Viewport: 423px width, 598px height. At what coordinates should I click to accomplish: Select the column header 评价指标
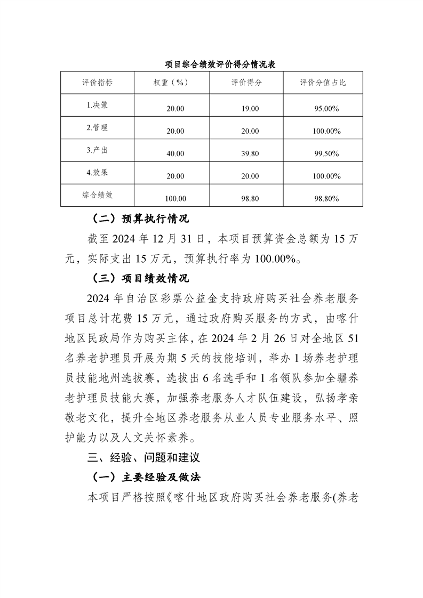98,83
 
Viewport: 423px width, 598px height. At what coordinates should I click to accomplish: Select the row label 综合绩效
98,195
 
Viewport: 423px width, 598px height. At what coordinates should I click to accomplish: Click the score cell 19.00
250,109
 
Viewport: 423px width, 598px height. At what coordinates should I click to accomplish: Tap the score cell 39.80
250,153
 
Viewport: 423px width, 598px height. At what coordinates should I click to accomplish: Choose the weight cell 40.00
175,153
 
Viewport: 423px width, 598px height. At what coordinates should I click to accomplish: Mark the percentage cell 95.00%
328,109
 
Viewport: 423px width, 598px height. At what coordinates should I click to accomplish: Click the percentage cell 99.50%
328,153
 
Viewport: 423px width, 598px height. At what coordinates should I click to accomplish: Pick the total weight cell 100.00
175,199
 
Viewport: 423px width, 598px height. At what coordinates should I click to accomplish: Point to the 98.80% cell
328,199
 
